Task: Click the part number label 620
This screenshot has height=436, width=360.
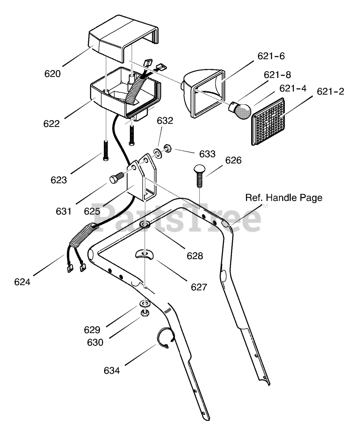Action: coord(52,74)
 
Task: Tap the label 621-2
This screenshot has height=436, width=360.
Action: coord(330,92)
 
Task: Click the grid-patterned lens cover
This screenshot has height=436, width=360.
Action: coord(268,122)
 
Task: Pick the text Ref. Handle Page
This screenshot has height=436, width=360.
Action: coord(284,198)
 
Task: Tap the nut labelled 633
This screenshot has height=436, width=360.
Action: coord(167,149)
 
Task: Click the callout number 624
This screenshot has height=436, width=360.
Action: coord(22,282)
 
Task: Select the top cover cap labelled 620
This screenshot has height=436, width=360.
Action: coord(124,38)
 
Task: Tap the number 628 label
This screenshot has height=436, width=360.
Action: coord(195,256)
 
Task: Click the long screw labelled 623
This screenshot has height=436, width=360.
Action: coord(106,150)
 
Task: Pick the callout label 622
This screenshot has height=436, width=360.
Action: coord(51,124)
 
